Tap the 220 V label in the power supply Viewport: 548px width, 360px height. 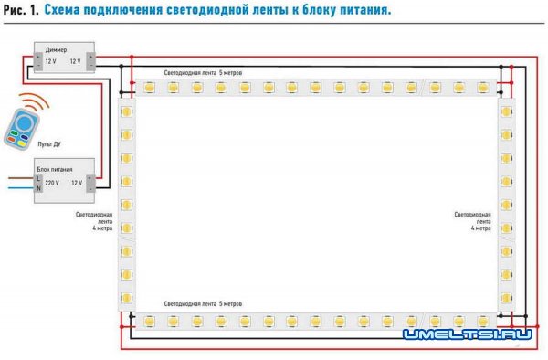tap(52, 183)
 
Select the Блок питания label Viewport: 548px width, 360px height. tap(54, 170)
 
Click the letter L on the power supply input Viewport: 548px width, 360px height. tap(37, 179)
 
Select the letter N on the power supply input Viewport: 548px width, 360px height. tap(37, 187)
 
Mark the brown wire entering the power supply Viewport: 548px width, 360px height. tap(18, 178)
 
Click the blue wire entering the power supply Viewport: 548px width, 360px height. tap(18, 186)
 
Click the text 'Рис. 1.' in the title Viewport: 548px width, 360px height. tap(20, 13)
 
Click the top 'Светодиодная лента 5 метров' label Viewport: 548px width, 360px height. tap(203, 71)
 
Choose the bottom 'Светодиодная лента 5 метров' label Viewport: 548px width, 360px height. tap(203, 302)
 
